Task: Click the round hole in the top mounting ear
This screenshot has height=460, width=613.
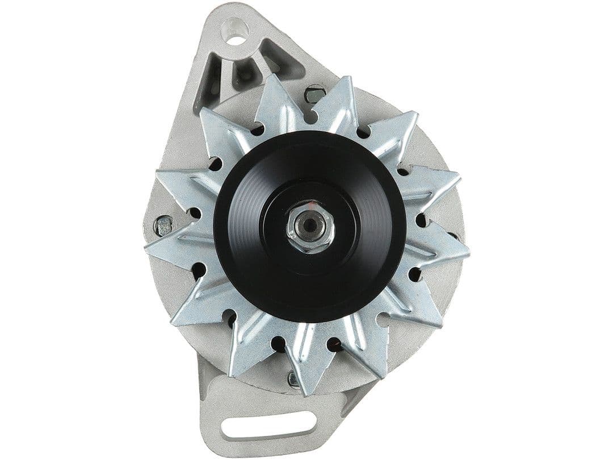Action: click(x=236, y=27)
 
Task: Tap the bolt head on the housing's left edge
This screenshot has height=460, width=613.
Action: click(x=163, y=225)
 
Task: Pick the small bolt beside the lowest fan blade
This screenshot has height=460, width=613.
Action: click(x=293, y=379)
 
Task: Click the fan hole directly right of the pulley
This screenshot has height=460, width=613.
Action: click(x=421, y=220)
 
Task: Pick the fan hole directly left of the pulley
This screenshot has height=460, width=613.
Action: click(x=195, y=214)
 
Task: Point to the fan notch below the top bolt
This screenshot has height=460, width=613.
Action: click(x=309, y=117)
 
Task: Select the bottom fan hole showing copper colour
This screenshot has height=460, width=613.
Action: click(x=334, y=344)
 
